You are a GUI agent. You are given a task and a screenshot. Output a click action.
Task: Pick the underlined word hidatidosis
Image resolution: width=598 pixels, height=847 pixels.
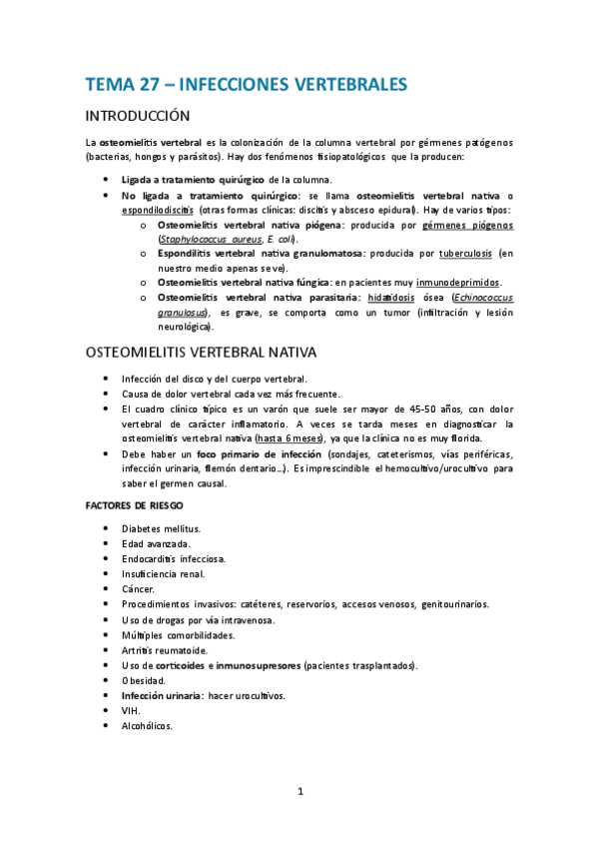(393, 298)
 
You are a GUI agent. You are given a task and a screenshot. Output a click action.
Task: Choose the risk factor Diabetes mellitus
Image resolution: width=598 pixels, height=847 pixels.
(161, 527)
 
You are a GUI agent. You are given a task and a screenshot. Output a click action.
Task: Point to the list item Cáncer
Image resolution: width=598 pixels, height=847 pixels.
(138, 589)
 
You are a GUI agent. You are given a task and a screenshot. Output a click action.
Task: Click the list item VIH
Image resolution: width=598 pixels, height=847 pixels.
(131, 710)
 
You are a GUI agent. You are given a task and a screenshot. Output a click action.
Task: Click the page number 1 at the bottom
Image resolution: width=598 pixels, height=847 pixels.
(299, 792)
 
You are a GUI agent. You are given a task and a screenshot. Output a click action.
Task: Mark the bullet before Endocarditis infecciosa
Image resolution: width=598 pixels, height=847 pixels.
(107, 559)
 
